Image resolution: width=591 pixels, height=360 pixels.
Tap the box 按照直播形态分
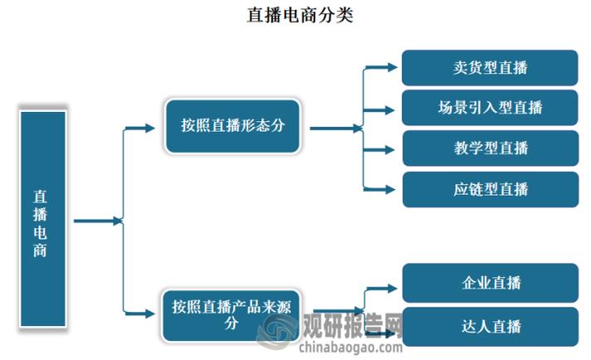coord(233,126)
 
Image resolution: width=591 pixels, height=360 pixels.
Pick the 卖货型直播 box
coord(490,67)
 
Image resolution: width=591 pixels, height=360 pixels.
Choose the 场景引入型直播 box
coord(490,108)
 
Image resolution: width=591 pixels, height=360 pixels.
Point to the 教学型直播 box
coord(490,148)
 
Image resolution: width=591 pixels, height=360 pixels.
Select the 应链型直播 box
coord(490,189)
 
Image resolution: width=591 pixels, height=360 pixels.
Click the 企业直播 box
coord(490,283)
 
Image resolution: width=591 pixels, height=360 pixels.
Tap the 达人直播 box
coord(490,326)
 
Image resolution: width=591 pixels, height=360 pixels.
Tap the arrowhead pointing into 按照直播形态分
coord(150,128)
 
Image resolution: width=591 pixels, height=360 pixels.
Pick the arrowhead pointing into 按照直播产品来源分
coord(150,313)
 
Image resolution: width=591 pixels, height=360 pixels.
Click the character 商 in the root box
coord(41,250)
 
